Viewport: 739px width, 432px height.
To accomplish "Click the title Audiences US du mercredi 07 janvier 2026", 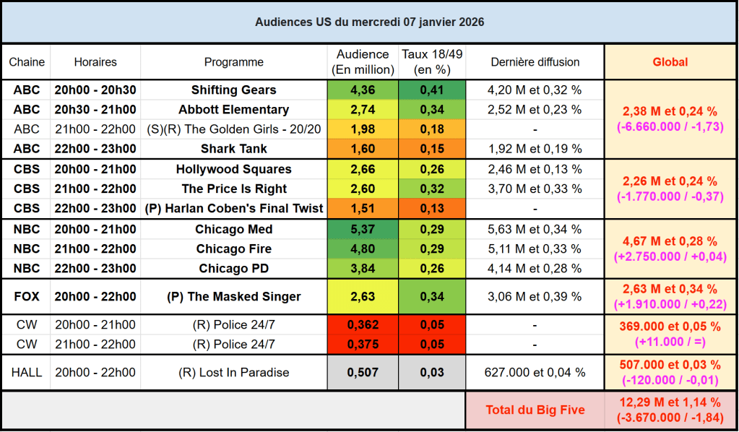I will coord(369,22).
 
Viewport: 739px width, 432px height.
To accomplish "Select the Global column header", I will coord(670,62).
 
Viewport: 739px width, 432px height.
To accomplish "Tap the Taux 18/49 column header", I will coord(431,62).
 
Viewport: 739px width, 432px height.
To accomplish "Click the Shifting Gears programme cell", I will coord(234,90).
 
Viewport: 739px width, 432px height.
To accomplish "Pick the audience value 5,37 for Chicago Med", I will coord(362,230).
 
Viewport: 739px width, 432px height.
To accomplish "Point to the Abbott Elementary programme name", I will coord(234,110).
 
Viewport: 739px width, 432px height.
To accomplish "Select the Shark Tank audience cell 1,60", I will coord(362,149).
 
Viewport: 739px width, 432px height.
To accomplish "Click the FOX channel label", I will coord(27,296).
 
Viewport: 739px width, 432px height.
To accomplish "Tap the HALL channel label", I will coord(27,373).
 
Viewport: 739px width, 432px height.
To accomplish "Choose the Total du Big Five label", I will coord(535,410).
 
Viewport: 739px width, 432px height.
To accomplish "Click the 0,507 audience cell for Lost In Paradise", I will coord(362,373).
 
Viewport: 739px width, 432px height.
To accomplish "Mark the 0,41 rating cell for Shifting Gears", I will coord(431,90).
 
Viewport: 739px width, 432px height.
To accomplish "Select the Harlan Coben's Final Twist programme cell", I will coord(234,209).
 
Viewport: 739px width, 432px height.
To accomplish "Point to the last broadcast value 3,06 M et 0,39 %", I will coord(535,296).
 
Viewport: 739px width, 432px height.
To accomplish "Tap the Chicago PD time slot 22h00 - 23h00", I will coord(95,269).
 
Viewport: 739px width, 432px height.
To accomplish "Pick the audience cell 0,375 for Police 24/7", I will coord(362,344).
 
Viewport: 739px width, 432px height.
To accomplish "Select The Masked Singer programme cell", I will coord(234,296).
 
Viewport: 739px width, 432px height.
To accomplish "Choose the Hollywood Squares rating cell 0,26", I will coord(431,170).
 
